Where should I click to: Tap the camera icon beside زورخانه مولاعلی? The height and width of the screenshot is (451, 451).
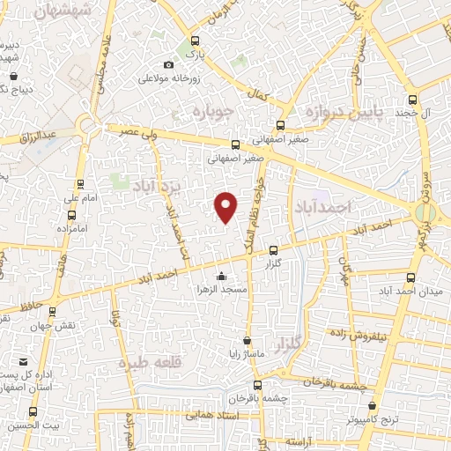click(x=170, y=64)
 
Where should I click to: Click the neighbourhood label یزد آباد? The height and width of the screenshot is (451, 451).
click(x=155, y=187)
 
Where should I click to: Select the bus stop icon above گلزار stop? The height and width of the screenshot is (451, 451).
click(x=273, y=250)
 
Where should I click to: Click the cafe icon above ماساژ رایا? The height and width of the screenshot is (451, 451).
click(x=247, y=340)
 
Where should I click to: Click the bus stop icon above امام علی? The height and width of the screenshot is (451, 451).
click(x=81, y=184)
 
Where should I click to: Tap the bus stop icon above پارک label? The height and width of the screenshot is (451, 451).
click(x=195, y=40)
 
